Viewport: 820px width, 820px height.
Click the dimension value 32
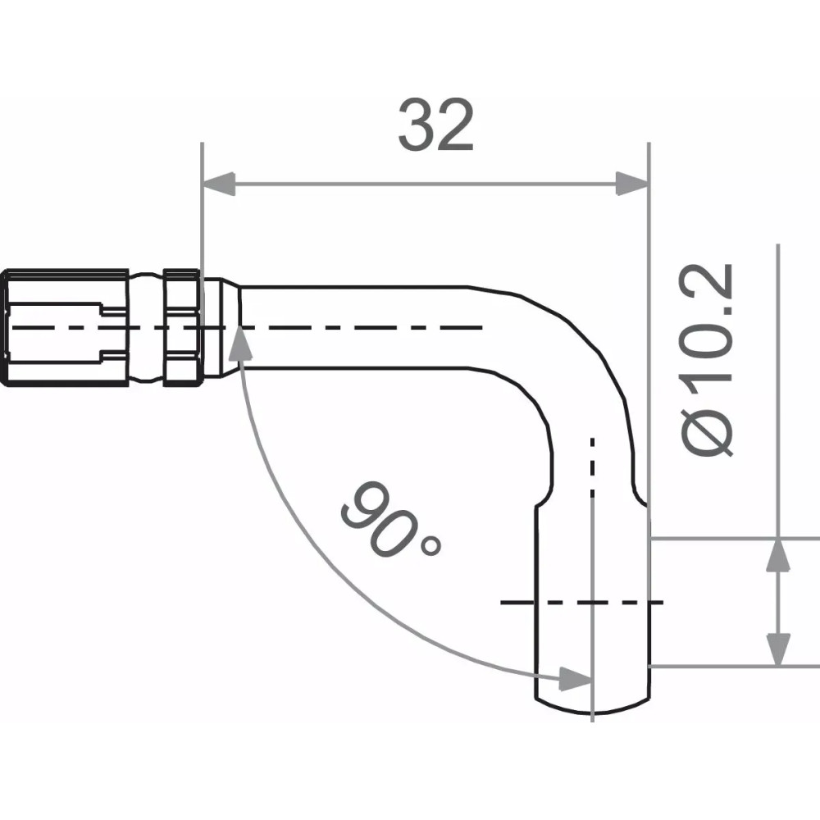pos(435,126)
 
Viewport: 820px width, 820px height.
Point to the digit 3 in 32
pos(416,126)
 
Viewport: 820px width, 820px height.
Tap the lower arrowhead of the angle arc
pos(574,677)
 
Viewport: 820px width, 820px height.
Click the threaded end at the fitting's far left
pos(66,326)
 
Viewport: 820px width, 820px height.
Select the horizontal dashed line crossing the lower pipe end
pos(582,603)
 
